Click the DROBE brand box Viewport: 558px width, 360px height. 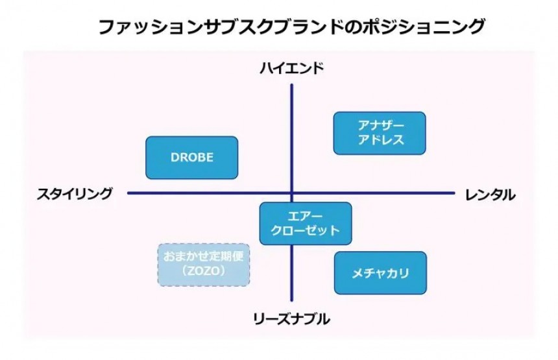point(191,158)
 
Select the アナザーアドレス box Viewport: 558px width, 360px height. point(380,133)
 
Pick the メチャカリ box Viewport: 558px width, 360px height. point(380,273)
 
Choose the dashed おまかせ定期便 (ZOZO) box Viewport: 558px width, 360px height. point(204,264)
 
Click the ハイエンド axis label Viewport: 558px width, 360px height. point(291,69)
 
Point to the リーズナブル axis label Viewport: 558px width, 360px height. point(291,318)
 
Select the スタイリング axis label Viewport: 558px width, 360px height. point(75,193)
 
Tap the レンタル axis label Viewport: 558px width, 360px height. point(491,194)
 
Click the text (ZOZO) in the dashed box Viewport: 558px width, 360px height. point(204,272)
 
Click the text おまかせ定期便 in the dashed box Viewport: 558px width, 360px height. point(204,256)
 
